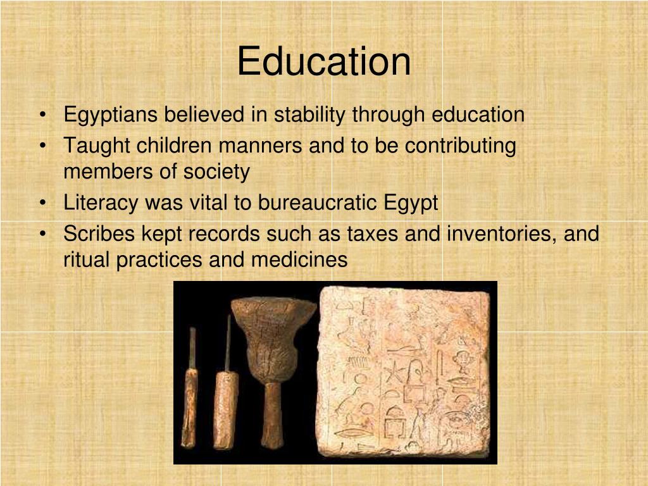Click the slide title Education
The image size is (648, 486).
coord(323,62)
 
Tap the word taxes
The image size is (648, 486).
coord(373,234)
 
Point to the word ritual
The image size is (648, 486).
coord(87,259)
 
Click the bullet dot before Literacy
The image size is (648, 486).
coord(42,204)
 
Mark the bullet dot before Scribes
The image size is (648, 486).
coord(42,235)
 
